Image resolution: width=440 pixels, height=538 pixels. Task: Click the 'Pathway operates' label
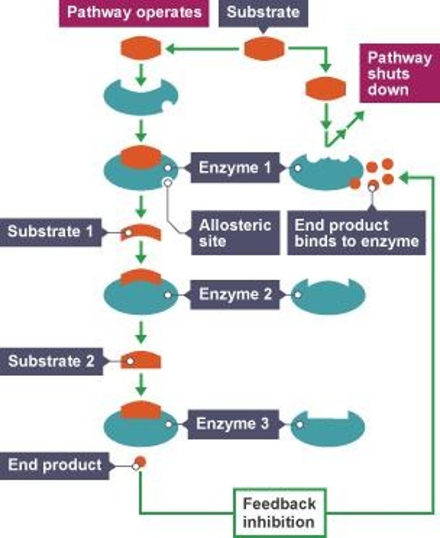pos(134,13)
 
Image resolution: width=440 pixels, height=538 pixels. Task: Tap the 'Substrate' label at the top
pos(263,12)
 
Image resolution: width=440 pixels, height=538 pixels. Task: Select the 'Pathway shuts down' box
pos(399,74)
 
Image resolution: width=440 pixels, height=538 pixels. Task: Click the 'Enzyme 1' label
pos(235,168)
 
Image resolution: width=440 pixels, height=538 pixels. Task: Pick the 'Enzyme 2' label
pos(235,295)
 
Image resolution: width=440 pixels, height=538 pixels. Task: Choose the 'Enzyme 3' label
pos(233,424)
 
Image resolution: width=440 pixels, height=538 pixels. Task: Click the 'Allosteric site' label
pos(235,233)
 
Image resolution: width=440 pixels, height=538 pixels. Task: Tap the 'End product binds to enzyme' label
pos(356,233)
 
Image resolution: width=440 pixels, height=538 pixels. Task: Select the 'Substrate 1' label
pos(51,232)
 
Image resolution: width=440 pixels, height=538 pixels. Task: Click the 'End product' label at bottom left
pos(55,465)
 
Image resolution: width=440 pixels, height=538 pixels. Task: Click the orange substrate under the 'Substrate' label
pos(264,49)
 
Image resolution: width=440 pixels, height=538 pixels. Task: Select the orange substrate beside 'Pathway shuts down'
pos(326,88)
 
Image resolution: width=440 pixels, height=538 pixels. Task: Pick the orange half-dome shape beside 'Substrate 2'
pos(141,360)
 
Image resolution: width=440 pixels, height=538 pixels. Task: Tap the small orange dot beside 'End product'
pos(141,462)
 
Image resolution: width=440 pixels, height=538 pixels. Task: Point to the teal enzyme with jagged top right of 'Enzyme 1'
pos(326,172)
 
